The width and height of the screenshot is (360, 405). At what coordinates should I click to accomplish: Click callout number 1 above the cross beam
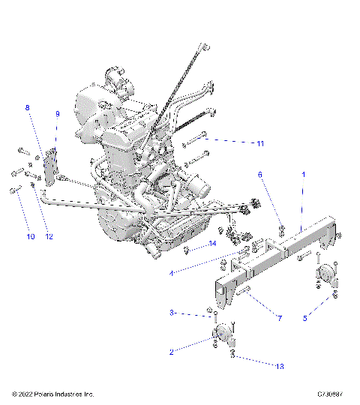[303, 173]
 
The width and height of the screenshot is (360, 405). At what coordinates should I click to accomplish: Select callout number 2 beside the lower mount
[171, 351]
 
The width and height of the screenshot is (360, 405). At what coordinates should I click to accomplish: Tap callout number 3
[171, 313]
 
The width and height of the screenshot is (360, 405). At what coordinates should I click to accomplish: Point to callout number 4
[171, 274]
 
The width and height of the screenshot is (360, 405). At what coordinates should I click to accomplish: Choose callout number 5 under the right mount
[304, 317]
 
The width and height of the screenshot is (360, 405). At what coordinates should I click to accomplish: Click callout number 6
[260, 174]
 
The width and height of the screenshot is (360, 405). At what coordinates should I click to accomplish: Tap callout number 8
[28, 108]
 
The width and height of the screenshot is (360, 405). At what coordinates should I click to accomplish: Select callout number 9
[57, 114]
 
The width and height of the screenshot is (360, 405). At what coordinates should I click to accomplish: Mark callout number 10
[30, 237]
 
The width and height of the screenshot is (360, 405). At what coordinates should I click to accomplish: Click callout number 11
[260, 142]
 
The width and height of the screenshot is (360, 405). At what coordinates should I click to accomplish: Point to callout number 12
[49, 237]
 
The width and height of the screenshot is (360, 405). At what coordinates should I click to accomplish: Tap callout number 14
[212, 244]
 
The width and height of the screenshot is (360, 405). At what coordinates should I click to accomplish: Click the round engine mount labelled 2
[221, 332]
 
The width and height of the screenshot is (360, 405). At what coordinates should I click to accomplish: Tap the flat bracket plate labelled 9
[52, 166]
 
